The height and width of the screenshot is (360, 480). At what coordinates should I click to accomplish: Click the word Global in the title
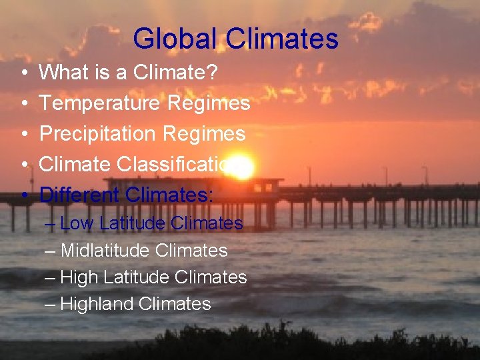pos(175,39)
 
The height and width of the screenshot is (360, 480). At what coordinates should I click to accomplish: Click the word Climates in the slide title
pos(282,39)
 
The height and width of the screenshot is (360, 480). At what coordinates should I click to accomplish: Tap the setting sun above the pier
pos(243,169)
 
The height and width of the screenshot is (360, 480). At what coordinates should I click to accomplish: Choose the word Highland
pos(97,304)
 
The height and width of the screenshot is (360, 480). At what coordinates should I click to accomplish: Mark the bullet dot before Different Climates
pos(24,195)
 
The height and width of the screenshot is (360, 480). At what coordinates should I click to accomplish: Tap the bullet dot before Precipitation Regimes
pos(24,134)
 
